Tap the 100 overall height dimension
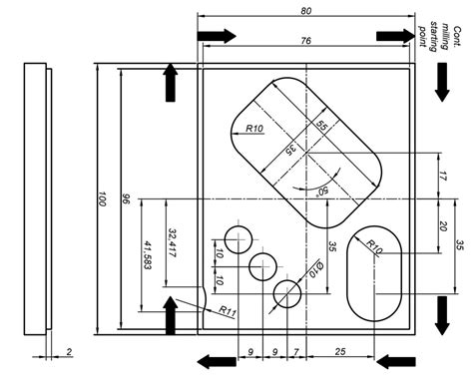100,199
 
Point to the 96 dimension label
123,199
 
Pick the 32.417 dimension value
172,242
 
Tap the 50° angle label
321,190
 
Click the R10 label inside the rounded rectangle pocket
252,130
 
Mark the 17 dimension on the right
443,177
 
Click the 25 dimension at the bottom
341,351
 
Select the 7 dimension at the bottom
296,351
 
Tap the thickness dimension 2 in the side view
68,352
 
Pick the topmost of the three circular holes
238,239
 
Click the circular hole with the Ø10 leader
287,293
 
